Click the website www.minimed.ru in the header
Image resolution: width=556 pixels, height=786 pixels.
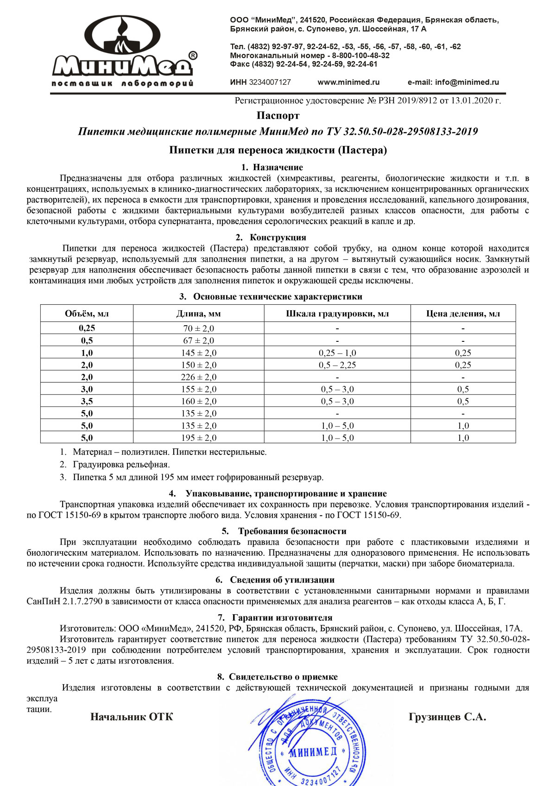(x=348, y=82)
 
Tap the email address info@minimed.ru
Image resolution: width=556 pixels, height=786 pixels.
(x=453, y=82)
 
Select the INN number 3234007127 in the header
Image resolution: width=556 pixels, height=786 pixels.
(x=270, y=82)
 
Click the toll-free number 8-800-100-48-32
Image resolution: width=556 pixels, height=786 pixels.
(x=360, y=55)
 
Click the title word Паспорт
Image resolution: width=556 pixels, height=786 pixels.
(x=278, y=115)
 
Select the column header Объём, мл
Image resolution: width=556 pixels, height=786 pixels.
(x=87, y=314)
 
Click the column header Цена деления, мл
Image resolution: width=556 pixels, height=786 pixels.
(x=463, y=314)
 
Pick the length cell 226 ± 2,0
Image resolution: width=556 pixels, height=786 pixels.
(x=198, y=377)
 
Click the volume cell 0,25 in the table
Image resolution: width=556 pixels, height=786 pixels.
(x=87, y=328)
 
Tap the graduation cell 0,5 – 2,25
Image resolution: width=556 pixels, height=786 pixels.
(x=337, y=365)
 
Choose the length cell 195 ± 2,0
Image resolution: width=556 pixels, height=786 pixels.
(x=198, y=438)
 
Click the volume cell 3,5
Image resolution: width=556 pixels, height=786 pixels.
(x=87, y=401)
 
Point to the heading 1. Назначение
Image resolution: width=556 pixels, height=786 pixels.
(x=272, y=167)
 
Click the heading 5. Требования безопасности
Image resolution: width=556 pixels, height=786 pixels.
(x=284, y=531)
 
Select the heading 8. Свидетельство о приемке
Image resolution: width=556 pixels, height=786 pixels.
(x=278, y=677)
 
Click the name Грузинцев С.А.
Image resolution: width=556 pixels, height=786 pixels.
(x=447, y=717)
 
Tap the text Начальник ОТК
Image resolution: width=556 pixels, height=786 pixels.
(x=132, y=717)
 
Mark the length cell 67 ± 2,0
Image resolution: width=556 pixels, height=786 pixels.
(x=198, y=340)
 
